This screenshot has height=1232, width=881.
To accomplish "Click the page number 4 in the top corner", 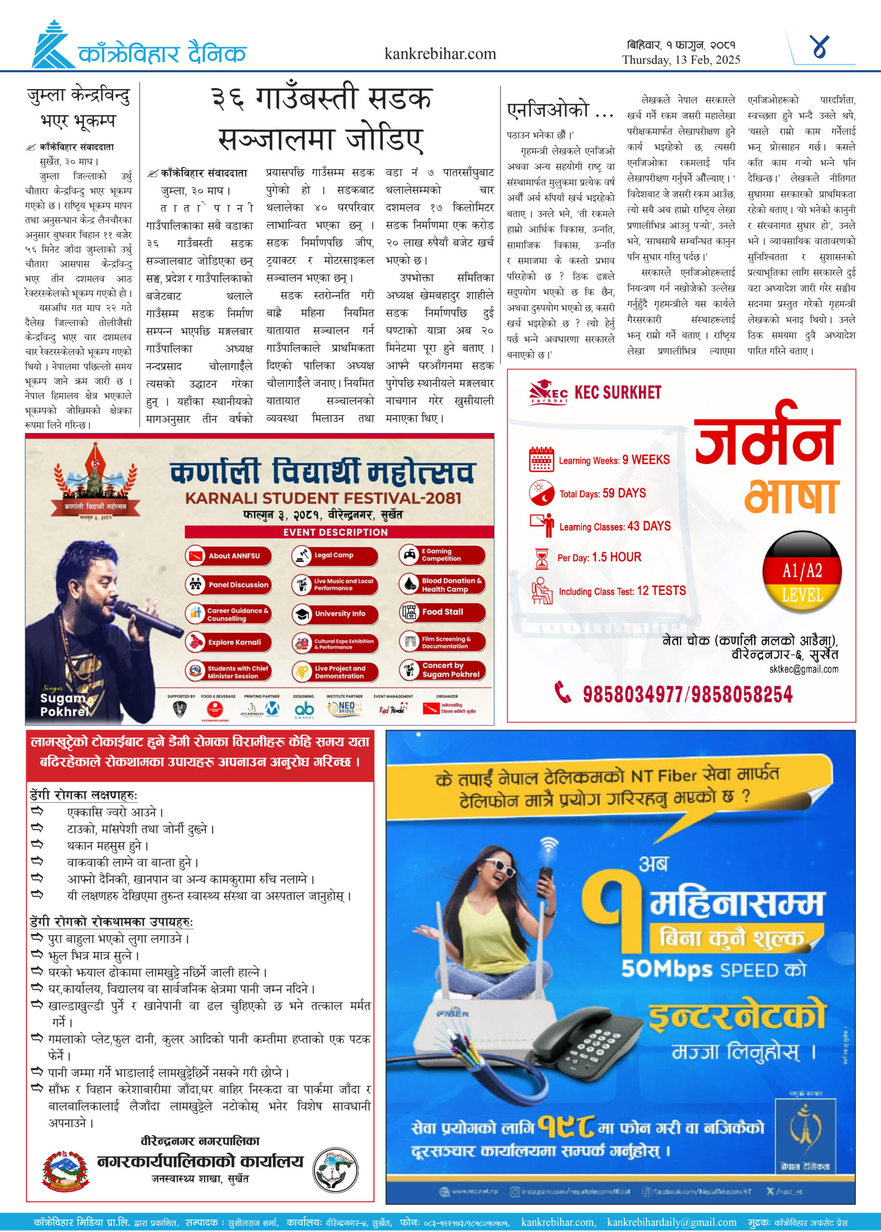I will point(820,47).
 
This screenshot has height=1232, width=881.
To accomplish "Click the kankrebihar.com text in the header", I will point(440,54).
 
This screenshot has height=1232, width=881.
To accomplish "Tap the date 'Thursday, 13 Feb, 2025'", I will point(681,60).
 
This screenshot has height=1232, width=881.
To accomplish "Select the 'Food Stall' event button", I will point(442,612).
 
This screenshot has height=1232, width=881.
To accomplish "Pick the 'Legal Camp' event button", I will point(334,555).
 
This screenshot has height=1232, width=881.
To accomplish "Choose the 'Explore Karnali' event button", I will point(228,642).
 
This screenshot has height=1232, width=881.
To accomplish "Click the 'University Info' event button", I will point(334,613).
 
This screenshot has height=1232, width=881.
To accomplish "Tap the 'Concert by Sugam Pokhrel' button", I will point(442,670).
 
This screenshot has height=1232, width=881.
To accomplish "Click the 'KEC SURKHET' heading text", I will point(617,393).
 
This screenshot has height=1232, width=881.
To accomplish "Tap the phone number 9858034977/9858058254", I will point(687,694).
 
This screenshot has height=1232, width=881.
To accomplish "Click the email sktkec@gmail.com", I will point(803,669).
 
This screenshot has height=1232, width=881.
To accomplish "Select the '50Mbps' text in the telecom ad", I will point(667,969).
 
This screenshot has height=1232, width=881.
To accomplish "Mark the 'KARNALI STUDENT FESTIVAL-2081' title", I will point(324,498).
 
